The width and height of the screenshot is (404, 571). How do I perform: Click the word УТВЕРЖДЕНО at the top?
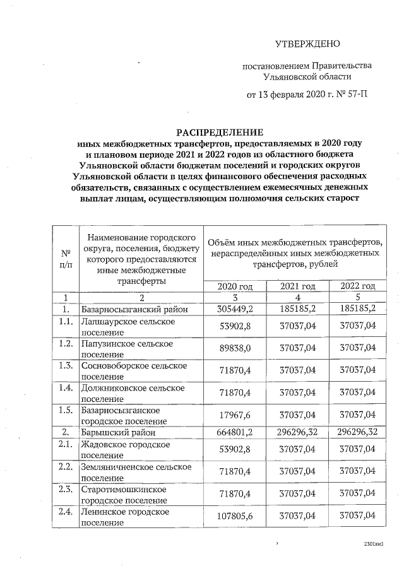307,44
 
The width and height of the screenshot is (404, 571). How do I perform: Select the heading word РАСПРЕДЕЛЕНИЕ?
219,132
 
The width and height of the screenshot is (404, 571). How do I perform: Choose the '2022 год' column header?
357,286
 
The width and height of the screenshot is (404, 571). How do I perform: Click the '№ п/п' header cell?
65,258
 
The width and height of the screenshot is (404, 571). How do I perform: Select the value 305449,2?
235,309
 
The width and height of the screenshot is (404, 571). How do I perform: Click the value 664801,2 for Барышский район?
235,433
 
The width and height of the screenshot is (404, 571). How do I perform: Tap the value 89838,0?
235,348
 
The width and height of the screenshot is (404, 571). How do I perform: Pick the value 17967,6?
235,415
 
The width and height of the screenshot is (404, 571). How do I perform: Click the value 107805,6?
235,516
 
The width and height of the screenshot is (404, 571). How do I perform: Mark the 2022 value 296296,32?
357,433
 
